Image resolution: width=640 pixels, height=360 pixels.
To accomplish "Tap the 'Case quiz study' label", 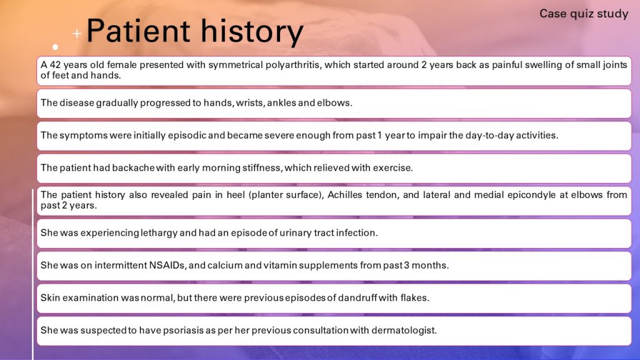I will [x=583, y=13].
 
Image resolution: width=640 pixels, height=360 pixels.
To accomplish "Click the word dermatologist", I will [x=405, y=330].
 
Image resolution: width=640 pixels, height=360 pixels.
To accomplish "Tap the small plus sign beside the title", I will [x=76, y=33].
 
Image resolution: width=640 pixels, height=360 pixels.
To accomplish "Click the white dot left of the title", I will [x=56, y=47].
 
